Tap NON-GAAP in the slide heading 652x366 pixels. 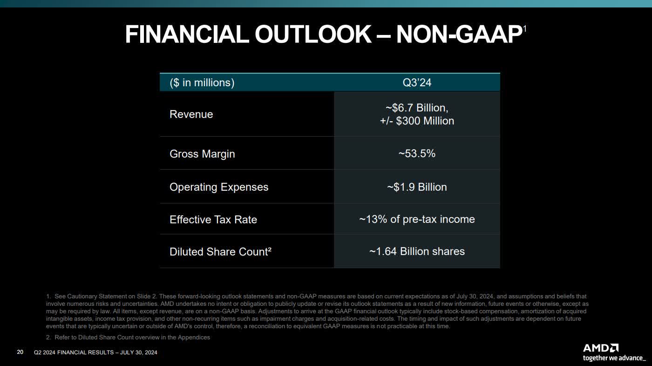(x=458, y=35)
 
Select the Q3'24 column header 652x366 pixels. (x=417, y=83)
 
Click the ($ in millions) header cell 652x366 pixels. (x=202, y=83)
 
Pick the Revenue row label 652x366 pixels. (x=191, y=114)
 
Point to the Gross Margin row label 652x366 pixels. (x=202, y=154)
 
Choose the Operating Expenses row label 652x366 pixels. (x=219, y=187)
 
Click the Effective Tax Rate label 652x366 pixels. (x=213, y=220)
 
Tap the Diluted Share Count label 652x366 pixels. (x=220, y=252)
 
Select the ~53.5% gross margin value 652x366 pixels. (x=417, y=153)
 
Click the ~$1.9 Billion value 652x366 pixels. (x=417, y=187)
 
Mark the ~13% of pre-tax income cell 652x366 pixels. (x=417, y=219)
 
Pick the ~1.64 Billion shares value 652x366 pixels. (x=417, y=251)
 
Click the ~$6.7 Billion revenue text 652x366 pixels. (x=417, y=108)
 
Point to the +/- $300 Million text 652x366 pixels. (x=417, y=121)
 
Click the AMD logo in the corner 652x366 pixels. (x=600, y=348)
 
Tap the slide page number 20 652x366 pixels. (x=20, y=352)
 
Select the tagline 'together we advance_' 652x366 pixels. (x=614, y=358)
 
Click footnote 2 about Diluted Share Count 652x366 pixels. (x=128, y=337)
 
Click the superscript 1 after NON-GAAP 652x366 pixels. (x=524, y=29)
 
